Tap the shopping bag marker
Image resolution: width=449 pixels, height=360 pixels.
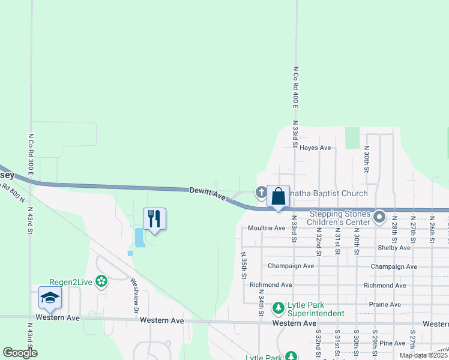[x=278, y=196]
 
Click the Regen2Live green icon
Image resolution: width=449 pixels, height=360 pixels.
[x=101, y=281]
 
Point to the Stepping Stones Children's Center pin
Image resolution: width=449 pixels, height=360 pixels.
[x=379, y=217]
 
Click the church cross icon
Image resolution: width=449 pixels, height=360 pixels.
[x=261, y=193]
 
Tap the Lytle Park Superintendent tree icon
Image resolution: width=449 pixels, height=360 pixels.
[x=278, y=308]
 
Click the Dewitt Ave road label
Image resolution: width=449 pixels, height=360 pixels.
[x=207, y=193]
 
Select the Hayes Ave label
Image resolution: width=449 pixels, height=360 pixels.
[x=315, y=148]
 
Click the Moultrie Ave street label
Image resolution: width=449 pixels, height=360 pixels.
[x=267, y=228]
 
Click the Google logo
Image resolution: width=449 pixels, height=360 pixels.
[x=20, y=353]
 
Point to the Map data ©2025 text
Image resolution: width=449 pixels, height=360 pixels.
[x=423, y=355]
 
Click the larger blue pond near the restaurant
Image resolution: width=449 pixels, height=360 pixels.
[x=139, y=238]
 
